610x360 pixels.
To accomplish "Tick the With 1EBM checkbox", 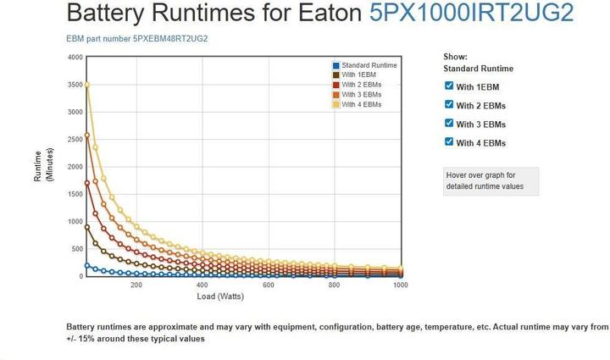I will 449,86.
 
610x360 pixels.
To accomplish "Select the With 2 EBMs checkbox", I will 449,104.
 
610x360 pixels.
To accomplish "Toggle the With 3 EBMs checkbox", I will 449,123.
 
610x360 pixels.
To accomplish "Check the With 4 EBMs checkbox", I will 449,141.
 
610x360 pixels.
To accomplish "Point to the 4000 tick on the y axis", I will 75,58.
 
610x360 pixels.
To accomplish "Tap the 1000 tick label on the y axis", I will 75,222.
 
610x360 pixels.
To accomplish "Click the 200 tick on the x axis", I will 136,285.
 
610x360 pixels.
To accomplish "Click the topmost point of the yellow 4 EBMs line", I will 87,84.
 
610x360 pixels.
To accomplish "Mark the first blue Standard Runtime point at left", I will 87,266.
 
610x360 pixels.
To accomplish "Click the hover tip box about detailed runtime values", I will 491,180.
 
